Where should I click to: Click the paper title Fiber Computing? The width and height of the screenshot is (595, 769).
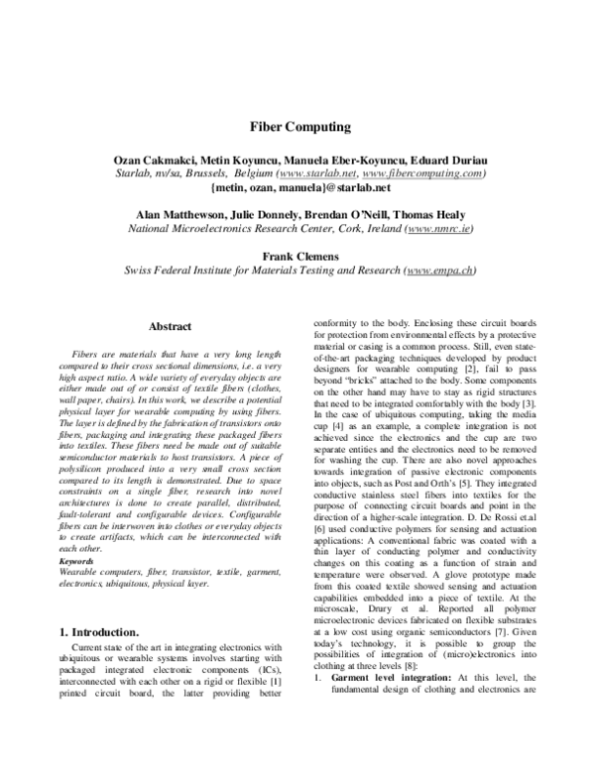pyautogui.click(x=297, y=128)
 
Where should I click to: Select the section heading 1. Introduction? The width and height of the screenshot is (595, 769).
pyautogui.click(x=100, y=630)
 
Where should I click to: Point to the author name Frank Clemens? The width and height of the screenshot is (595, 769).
pyautogui.click(x=297, y=255)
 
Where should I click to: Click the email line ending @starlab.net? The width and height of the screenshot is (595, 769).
pyautogui.click(x=297, y=186)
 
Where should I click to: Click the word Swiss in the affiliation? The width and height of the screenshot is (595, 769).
pyautogui.click(x=139, y=270)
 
